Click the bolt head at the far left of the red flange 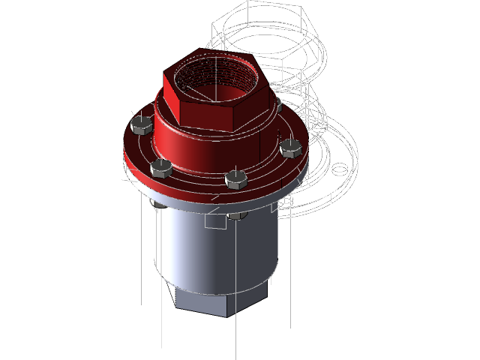tap(139, 125)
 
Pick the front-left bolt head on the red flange tap(160, 168)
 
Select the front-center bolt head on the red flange tap(235, 179)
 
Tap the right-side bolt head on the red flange tap(290, 148)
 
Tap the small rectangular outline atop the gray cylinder tap(215, 221)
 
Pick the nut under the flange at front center tap(235, 216)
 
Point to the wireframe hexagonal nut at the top tap(270, 34)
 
